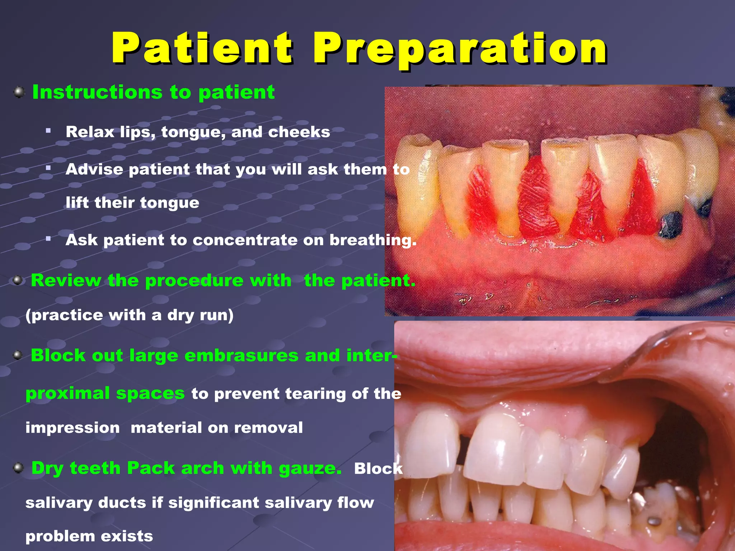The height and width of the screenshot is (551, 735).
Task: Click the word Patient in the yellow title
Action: [202, 48]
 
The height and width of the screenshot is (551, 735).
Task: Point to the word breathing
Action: [373, 240]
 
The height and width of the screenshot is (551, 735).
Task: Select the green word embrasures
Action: [241, 355]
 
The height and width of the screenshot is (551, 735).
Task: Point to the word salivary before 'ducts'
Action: [59, 503]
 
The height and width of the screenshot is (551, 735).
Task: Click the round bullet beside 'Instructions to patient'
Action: [19, 93]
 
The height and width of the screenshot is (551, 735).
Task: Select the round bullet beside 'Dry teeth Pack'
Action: [18, 468]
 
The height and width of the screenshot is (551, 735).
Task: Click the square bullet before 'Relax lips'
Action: [48, 131]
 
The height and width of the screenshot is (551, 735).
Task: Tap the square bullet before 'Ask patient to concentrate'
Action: [48, 239]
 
